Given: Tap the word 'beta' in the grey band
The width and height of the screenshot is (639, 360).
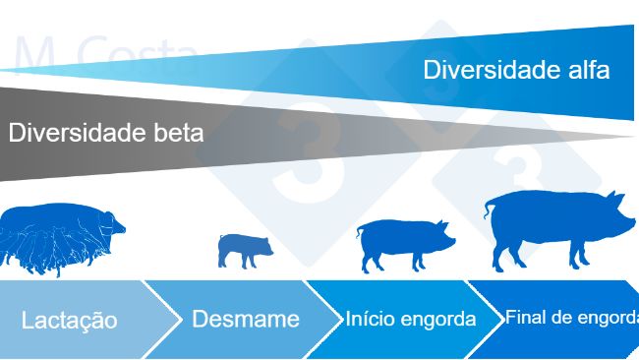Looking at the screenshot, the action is [178, 133].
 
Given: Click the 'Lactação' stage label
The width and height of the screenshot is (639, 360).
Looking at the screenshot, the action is [69, 321].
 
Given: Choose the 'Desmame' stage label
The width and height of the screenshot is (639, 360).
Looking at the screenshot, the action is [246, 319].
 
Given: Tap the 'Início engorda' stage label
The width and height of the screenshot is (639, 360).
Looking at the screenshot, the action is [411, 319].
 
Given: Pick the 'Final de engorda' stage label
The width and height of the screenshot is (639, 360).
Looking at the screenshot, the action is [571, 318].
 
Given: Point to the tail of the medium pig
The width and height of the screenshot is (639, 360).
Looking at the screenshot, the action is [360, 230].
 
